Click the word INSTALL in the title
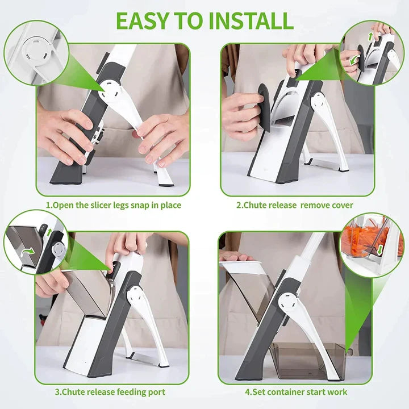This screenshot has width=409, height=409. tap(250, 20)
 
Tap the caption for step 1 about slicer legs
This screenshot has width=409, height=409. tap(114, 205)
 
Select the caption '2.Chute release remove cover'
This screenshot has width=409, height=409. tap(295, 205)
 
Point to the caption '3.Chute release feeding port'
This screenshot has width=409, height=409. tap(110, 392)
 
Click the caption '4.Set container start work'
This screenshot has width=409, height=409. tap(296, 392)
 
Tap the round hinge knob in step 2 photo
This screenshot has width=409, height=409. tap(317, 102)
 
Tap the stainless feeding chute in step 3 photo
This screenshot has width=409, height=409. tap(85, 293)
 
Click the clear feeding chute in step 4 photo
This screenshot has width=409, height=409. tap(250, 290)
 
